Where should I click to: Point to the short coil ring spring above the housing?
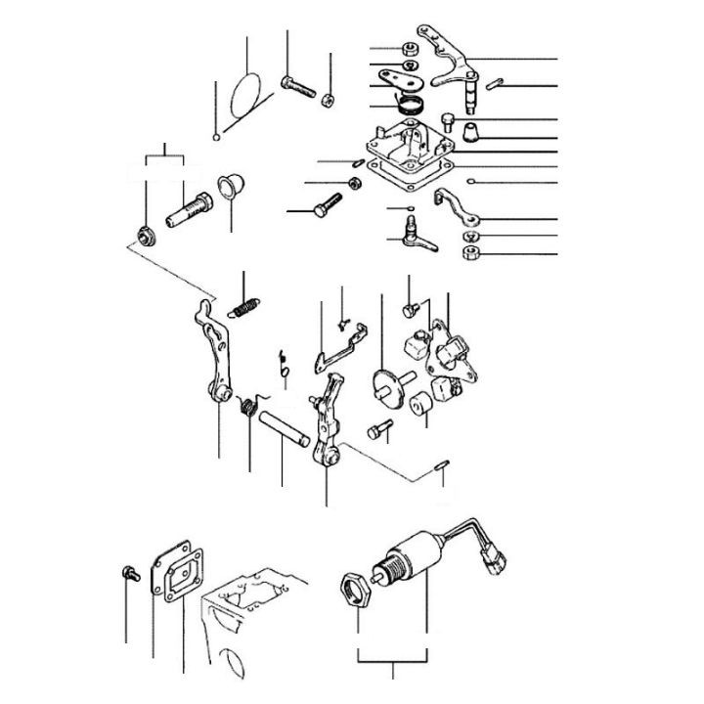(x=410, y=101)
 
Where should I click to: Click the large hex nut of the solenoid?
(x=354, y=589)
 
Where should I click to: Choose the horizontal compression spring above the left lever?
(x=245, y=306)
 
